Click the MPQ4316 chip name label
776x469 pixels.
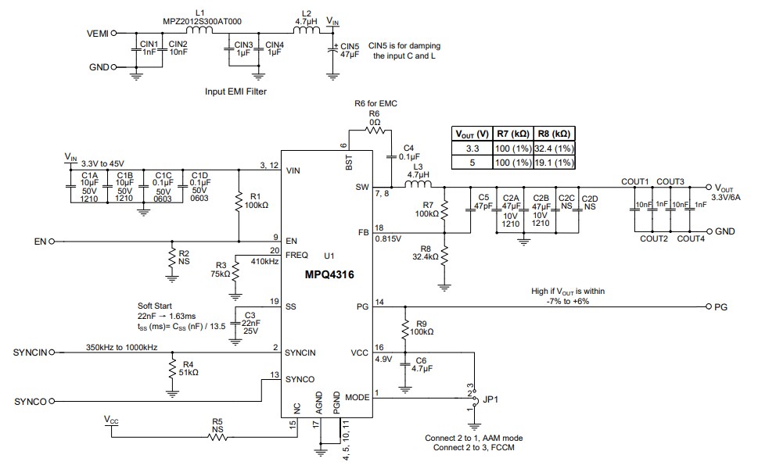click(x=321, y=276)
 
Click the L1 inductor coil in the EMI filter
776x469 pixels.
click(x=200, y=33)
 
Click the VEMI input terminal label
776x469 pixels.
click(x=98, y=34)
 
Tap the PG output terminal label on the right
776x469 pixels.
click(x=720, y=307)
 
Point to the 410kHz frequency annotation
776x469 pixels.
click(x=265, y=261)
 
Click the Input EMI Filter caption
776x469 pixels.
click(x=235, y=91)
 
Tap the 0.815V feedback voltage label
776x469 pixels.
click(x=389, y=238)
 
